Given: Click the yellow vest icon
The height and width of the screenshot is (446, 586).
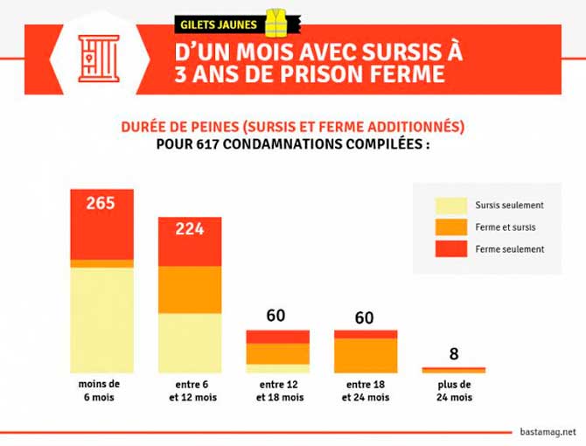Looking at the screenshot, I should [276, 23].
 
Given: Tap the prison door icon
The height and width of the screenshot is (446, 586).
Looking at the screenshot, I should [98, 59].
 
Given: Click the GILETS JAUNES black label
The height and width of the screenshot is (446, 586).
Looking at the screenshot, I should [217, 24].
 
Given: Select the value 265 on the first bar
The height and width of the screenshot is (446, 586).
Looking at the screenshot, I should [101, 204].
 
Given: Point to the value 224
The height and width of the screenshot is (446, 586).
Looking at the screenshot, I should [189, 230].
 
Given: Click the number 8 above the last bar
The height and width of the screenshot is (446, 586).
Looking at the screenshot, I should [453, 354].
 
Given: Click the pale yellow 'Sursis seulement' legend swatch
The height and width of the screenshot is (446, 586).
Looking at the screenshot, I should [450, 206].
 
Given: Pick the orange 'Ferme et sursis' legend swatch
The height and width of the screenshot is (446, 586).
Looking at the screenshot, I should [450, 227].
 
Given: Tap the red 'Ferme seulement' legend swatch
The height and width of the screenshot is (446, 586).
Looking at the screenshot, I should [450, 249].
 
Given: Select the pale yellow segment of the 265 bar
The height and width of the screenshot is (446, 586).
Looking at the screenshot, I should [101, 319].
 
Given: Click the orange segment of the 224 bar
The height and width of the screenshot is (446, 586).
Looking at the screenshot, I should [189, 289].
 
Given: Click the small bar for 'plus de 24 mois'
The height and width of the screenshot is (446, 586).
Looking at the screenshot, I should [453, 370].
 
